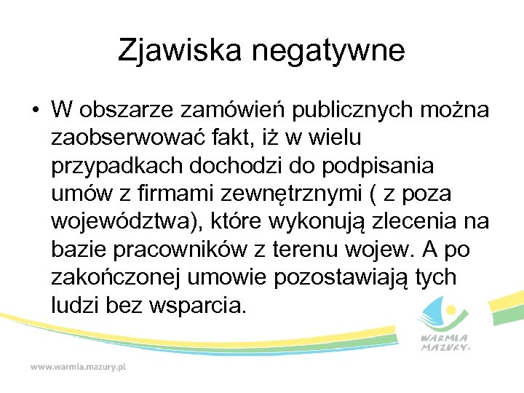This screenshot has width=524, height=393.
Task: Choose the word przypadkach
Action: coord(117,166)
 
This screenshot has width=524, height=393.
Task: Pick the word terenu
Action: coord(311,250)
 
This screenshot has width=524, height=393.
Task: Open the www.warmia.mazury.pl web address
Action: coord(78,367)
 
